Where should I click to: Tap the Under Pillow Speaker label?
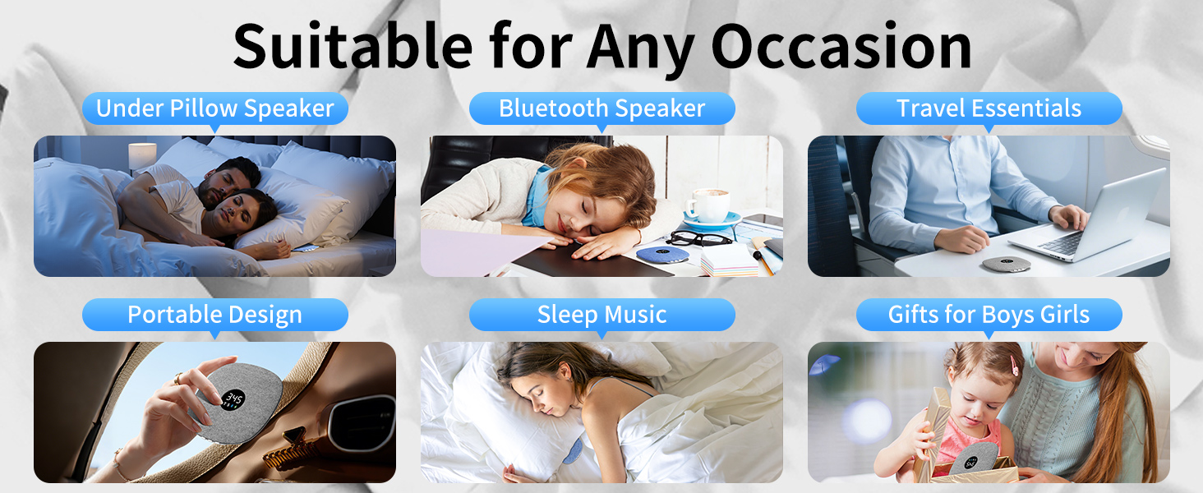(215, 108)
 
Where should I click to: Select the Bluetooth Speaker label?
(601, 108)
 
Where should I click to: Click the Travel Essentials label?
(989, 108)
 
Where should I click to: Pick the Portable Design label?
(215, 315)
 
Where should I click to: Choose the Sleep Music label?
(601, 315)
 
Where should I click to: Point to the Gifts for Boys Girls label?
(989, 315)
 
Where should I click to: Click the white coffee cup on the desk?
(708, 205)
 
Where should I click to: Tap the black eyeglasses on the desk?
(698, 238)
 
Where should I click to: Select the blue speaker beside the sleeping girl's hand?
(664, 254)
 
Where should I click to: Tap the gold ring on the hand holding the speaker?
(179, 379)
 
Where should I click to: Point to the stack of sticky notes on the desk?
(729, 260)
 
